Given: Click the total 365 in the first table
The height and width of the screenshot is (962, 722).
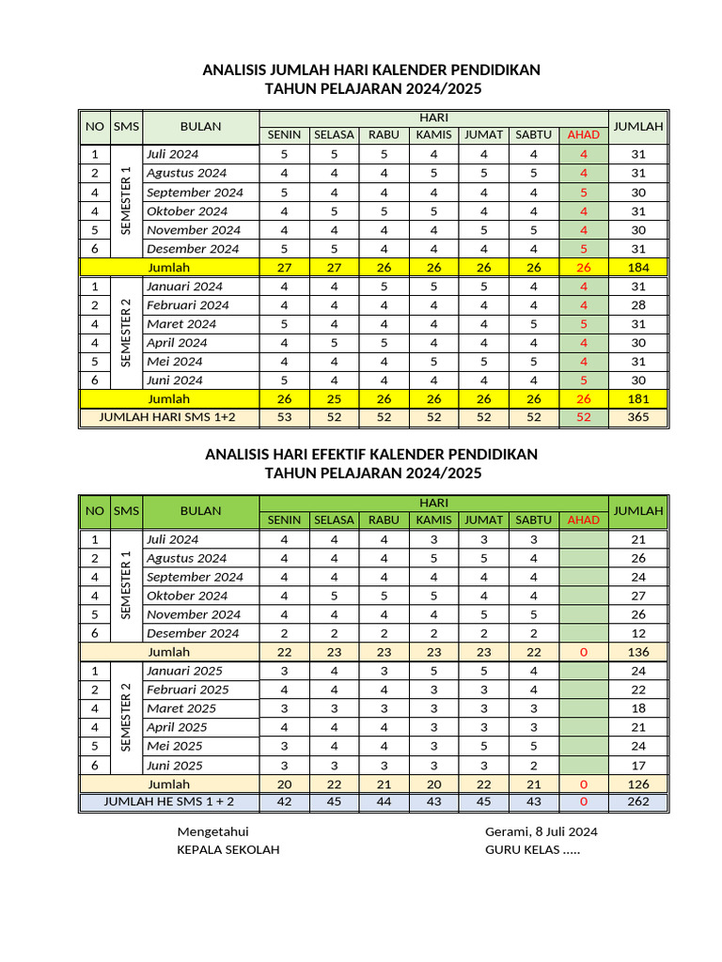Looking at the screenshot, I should pyautogui.click(x=638, y=417).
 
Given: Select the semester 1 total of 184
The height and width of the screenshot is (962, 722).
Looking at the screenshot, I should pyautogui.click(x=638, y=268).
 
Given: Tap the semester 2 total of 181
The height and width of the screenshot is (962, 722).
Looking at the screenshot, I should pyautogui.click(x=638, y=399).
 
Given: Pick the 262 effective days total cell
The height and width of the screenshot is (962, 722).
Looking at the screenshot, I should pyautogui.click(x=638, y=802).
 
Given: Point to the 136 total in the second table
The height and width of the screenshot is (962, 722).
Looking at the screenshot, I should pyautogui.click(x=638, y=652).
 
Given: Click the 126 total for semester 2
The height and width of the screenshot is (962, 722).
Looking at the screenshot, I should pyautogui.click(x=638, y=784).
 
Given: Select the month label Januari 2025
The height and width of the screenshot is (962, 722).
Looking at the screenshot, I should pyautogui.click(x=184, y=671).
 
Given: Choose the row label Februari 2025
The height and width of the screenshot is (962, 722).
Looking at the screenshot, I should pyautogui.click(x=187, y=690).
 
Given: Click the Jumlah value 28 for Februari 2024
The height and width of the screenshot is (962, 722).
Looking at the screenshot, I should pyautogui.click(x=638, y=305).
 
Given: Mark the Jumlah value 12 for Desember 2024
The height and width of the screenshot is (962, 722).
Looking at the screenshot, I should pyautogui.click(x=638, y=633).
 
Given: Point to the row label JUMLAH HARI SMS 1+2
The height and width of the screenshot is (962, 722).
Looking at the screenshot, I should pyautogui.click(x=168, y=417).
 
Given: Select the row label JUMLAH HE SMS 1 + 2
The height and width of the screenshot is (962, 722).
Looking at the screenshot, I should pyautogui.click(x=168, y=802).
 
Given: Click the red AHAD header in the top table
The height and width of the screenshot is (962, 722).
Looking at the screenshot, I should pyautogui.click(x=583, y=134).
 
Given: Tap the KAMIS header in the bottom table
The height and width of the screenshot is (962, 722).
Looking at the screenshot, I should pyautogui.click(x=433, y=520).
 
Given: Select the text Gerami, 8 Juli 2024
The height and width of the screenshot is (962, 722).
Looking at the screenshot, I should pyautogui.click(x=541, y=831).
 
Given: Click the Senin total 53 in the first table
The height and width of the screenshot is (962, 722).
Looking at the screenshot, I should pyautogui.click(x=284, y=417).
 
